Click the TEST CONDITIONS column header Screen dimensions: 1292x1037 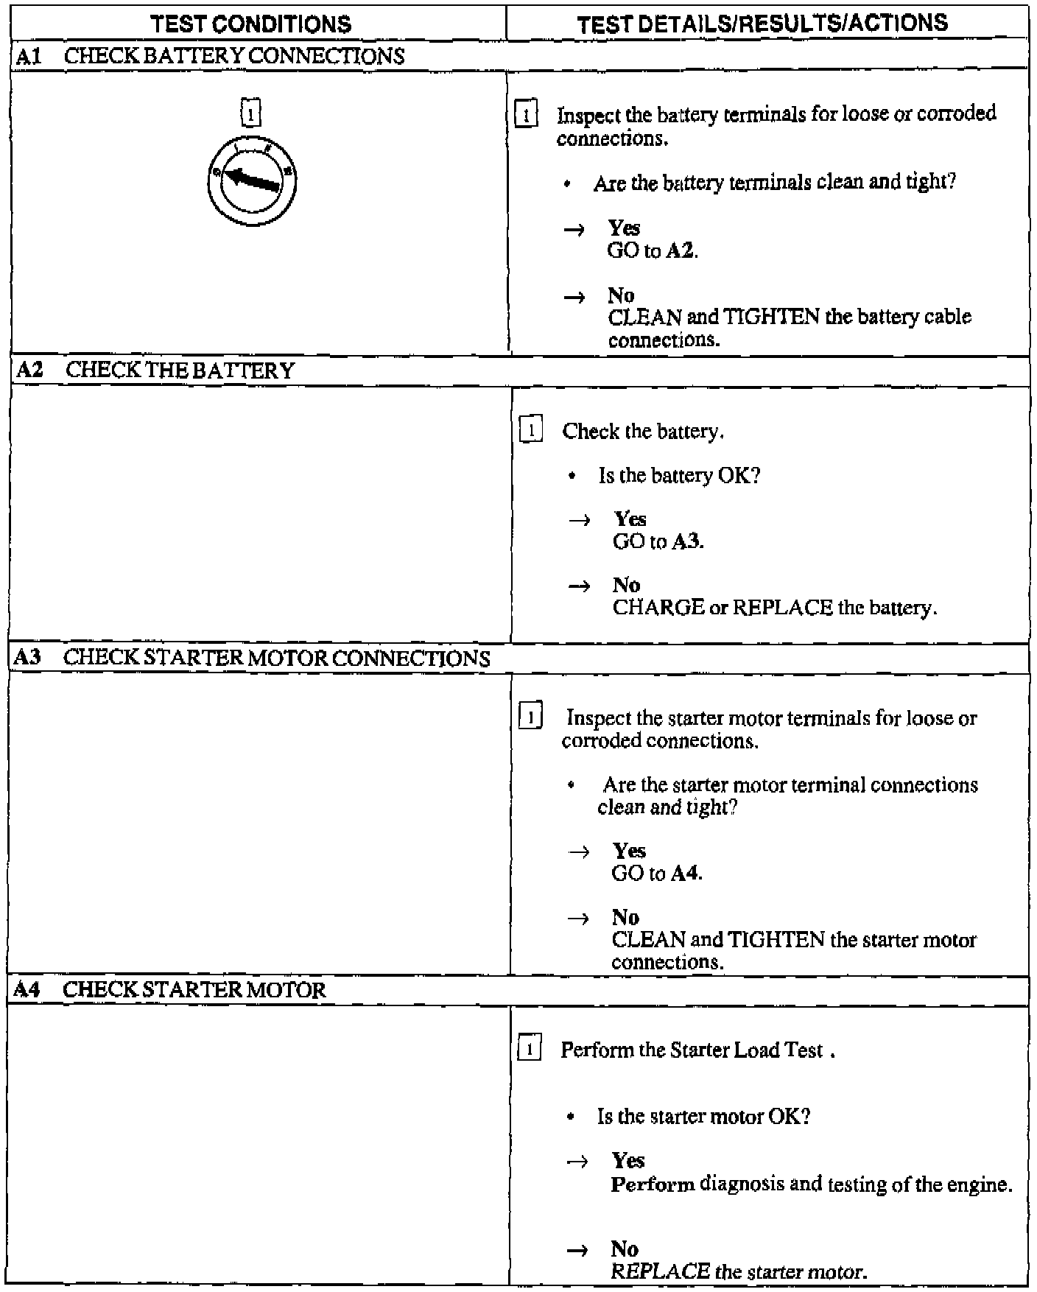click(x=250, y=24)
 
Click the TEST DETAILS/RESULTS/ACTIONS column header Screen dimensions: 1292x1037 click(x=762, y=24)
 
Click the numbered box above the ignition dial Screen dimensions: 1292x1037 click(x=251, y=113)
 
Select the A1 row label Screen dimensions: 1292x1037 click(x=27, y=57)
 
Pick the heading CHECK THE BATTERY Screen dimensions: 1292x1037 click(x=180, y=370)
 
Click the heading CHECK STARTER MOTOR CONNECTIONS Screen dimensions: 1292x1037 click(x=276, y=658)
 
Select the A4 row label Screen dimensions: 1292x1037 click(x=27, y=989)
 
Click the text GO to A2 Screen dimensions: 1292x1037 click(x=653, y=250)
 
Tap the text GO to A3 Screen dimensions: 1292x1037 click(x=658, y=541)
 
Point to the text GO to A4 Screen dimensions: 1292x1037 click(x=657, y=873)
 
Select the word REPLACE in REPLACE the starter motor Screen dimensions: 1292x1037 click(x=660, y=1271)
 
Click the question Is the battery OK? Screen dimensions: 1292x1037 click(x=678, y=476)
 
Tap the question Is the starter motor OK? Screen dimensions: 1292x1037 click(x=703, y=1117)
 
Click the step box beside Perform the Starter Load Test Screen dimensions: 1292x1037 click(x=530, y=1048)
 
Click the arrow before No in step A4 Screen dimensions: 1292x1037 click(x=577, y=1250)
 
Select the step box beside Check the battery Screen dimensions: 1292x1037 click(x=531, y=429)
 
